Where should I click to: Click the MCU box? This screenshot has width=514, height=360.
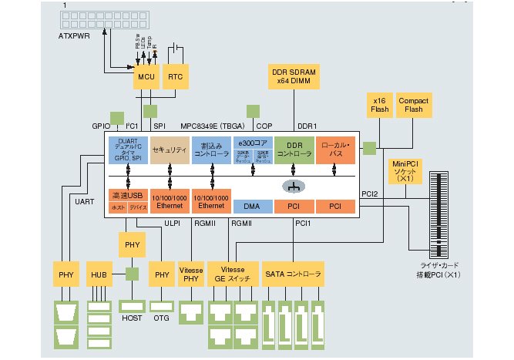coord(146,79)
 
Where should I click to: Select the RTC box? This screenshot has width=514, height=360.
coord(179,79)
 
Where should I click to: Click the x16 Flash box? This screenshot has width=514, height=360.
coord(378,106)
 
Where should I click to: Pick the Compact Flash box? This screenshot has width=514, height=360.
coord(413,106)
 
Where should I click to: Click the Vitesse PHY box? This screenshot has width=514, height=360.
coord(190,274)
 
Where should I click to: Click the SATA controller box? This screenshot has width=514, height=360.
coord(292,274)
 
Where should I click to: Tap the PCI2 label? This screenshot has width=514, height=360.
coord(371,194)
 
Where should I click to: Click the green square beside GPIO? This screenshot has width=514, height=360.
coord(116,118)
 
